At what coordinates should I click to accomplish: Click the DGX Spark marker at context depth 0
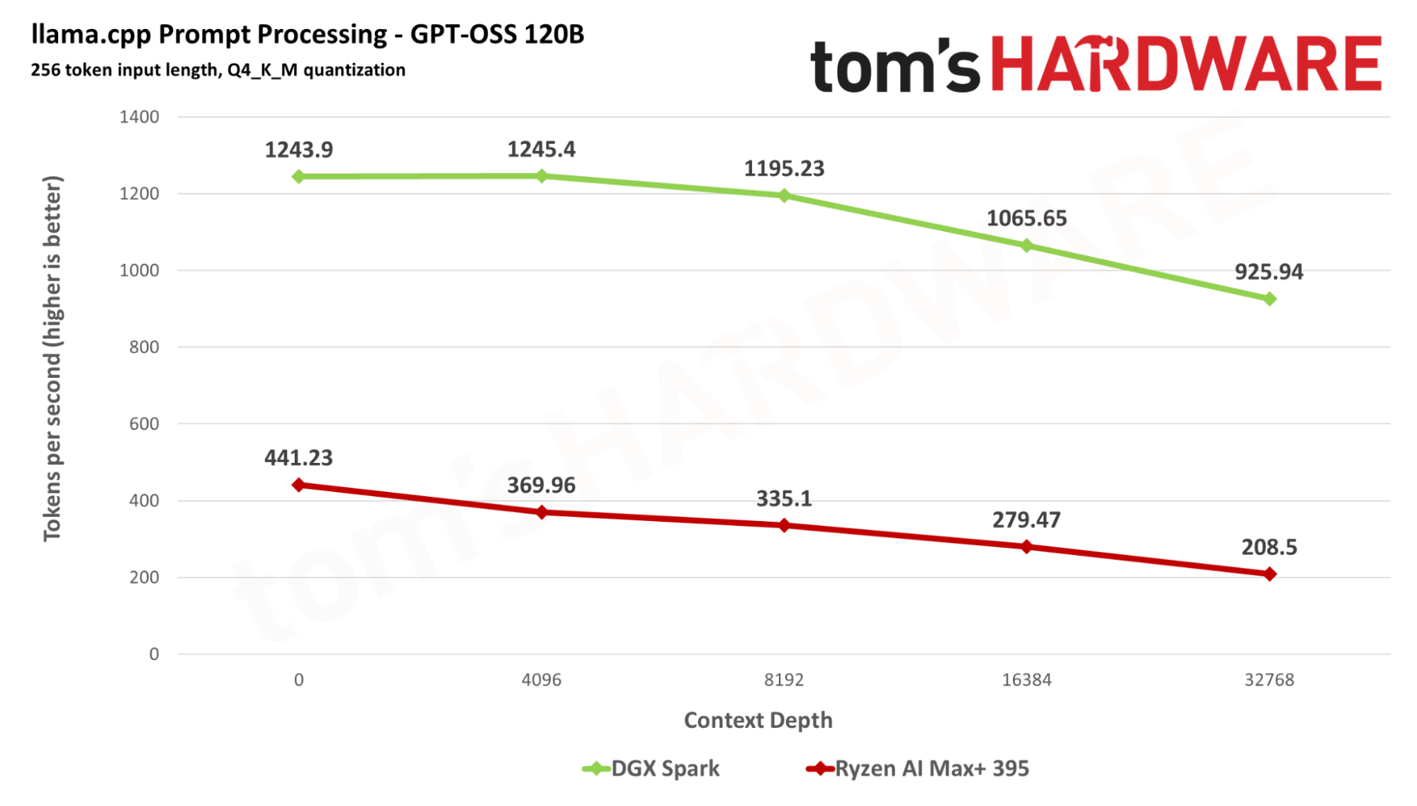point(298,177)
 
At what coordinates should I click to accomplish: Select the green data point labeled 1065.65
point(1026,245)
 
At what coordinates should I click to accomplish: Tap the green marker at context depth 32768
point(1270,299)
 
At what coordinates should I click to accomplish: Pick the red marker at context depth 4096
point(542,512)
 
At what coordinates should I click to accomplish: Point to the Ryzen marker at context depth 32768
point(1270,574)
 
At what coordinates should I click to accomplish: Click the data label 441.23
point(298,458)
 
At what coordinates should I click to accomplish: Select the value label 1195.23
point(784,169)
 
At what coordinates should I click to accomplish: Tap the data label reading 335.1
point(784,499)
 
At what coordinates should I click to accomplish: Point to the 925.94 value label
point(1269,272)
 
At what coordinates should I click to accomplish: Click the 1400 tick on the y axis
point(139,117)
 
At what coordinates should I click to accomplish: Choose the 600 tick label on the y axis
point(144,424)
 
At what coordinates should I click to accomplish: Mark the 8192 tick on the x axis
point(784,680)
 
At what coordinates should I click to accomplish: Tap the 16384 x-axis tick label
point(1026,680)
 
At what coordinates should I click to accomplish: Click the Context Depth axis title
point(758,720)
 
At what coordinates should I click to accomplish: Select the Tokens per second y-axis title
point(52,358)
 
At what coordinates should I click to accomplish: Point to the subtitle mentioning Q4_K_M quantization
point(218,70)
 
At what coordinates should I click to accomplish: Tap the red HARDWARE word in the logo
point(1186,65)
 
